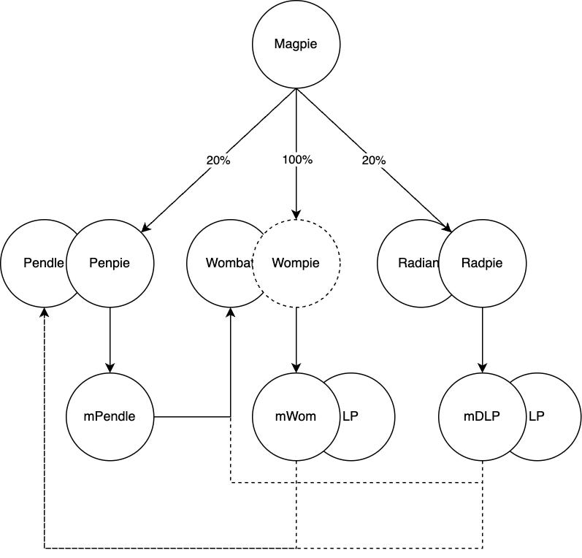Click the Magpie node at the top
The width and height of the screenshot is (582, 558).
296,44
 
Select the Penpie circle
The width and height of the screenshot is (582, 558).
110,263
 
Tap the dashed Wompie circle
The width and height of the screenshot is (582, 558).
296,263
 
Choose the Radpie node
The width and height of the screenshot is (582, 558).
482,263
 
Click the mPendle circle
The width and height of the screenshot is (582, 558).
110,417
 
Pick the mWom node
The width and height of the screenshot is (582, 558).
296,417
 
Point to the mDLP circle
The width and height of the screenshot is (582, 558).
482,417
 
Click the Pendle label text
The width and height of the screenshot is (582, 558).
43,263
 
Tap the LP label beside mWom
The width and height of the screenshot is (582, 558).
351,416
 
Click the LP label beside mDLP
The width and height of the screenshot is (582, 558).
536,416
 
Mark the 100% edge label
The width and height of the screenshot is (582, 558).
297,160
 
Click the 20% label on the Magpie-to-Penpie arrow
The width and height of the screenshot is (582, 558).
218,160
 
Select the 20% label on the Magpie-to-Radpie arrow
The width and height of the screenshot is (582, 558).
373,160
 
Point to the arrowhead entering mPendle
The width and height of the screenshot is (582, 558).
110,368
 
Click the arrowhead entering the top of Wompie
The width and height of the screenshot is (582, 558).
296,215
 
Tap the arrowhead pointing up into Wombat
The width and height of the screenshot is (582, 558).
231,312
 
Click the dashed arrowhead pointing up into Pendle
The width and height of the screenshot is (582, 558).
45,312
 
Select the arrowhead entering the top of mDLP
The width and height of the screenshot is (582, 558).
482,368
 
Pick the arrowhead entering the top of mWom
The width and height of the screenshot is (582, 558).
296,368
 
